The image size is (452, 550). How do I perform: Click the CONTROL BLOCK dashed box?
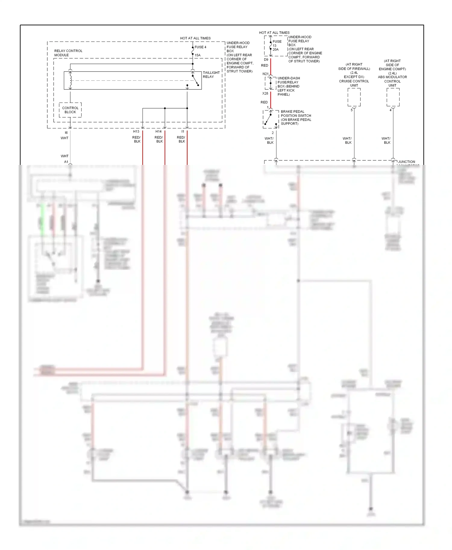coord(70,110)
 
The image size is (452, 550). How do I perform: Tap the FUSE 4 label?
coord(200,47)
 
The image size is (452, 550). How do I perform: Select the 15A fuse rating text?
coord(197,55)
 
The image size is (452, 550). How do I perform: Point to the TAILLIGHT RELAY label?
coord(211,75)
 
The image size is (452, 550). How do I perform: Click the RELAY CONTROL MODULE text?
coord(68,53)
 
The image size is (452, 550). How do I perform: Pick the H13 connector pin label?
coord(136,131)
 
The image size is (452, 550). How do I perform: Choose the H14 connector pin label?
coord(159,131)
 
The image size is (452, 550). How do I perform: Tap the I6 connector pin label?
coord(66,133)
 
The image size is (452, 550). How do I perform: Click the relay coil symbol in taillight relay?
coord(71,80)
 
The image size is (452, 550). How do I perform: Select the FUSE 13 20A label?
coord(276,45)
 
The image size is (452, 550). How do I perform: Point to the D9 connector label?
coord(266,60)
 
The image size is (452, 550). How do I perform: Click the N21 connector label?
coord(265,74)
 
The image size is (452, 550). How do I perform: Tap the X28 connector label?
coord(265,94)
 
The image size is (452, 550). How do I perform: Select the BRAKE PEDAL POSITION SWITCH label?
coord(296,118)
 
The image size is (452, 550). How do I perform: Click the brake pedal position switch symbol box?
coord(270,119)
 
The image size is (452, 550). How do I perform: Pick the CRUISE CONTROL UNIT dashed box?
coord(354,97)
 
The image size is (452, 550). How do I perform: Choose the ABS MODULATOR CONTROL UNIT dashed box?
coord(393,97)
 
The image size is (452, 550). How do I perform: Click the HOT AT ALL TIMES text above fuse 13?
coord(274,32)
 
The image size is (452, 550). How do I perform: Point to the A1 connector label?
coord(66,162)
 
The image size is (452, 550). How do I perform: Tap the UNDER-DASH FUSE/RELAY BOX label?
coord(288,86)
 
